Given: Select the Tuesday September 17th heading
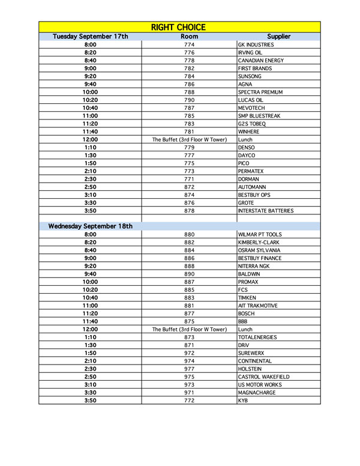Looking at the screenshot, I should pyautogui.click(x=91, y=37).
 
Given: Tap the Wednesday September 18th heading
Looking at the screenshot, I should pyautogui.click(x=91, y=226).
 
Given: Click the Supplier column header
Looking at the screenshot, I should pyautogui.click(x=278, y=37).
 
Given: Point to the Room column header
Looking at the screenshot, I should pyautogui.click(x=189, y=37).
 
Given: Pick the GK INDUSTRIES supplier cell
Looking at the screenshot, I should pyautogui.click(x=256, y=45).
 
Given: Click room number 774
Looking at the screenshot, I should pyautogui.click(x=189, y=45).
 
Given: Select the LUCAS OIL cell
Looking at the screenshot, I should pyautogui.click(x=251, y=100).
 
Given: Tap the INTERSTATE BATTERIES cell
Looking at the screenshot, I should pyautogui.click(x=266, y=211).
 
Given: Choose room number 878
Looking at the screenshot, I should pyautogui.click(x=189, y=211).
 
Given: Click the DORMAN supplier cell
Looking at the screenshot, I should pyautogui.click(x=249, y=179).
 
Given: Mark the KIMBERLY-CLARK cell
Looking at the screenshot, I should pyautogui.click(x=259, y=243).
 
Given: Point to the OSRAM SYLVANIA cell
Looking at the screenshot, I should pyautogui.click(x=259, y=250).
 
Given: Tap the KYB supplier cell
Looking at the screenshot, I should pyautogui.click(x=243, y=401).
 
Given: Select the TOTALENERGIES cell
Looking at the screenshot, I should pyautogui.click(x=259, y=337).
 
